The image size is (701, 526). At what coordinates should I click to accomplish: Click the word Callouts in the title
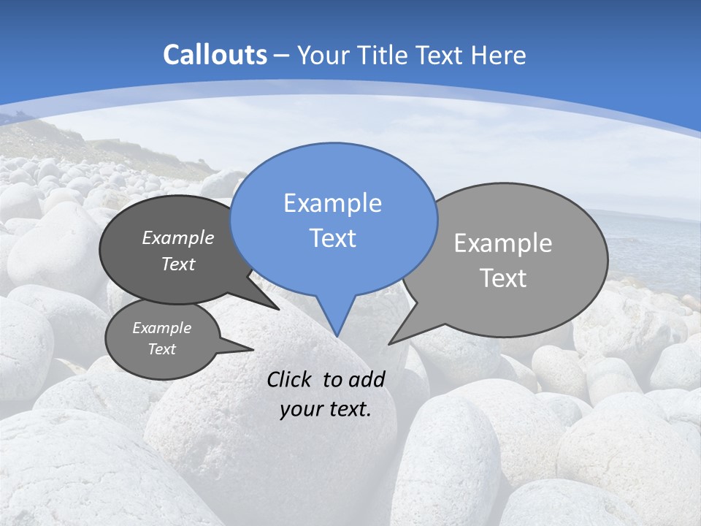[215, 55]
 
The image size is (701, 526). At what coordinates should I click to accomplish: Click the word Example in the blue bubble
[332, 203]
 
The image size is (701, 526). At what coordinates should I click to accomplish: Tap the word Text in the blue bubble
[332, 238]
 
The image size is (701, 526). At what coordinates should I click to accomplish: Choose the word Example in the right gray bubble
[502, 243]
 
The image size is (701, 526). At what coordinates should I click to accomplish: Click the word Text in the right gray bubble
[502, 278]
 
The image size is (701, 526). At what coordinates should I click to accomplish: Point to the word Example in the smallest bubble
[161, 328]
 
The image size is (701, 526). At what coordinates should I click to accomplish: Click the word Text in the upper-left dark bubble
[177, 264]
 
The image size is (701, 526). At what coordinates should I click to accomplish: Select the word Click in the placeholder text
[288, 379]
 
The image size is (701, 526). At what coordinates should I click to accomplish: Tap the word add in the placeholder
[367, 379]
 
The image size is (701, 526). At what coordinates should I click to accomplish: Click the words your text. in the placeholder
[325, 409]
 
